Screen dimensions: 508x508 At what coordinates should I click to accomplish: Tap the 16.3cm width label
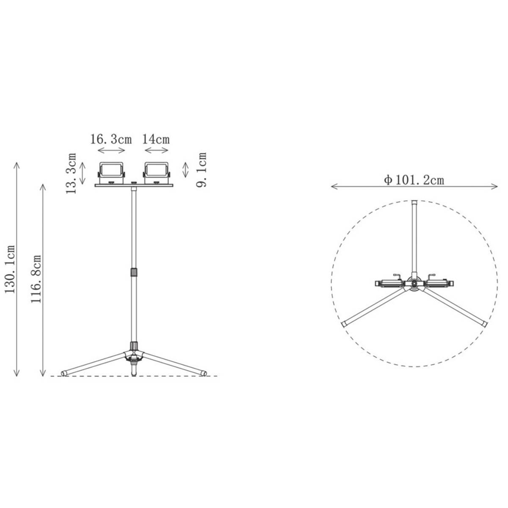point(111,139)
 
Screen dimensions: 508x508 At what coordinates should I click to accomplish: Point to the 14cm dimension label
point(156,139)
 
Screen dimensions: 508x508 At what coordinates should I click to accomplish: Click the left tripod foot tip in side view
point(64,374)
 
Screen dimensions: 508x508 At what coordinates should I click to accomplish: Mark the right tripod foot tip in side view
point(204,374)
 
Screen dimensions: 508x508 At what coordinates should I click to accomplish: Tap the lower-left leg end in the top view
point(345,324)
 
